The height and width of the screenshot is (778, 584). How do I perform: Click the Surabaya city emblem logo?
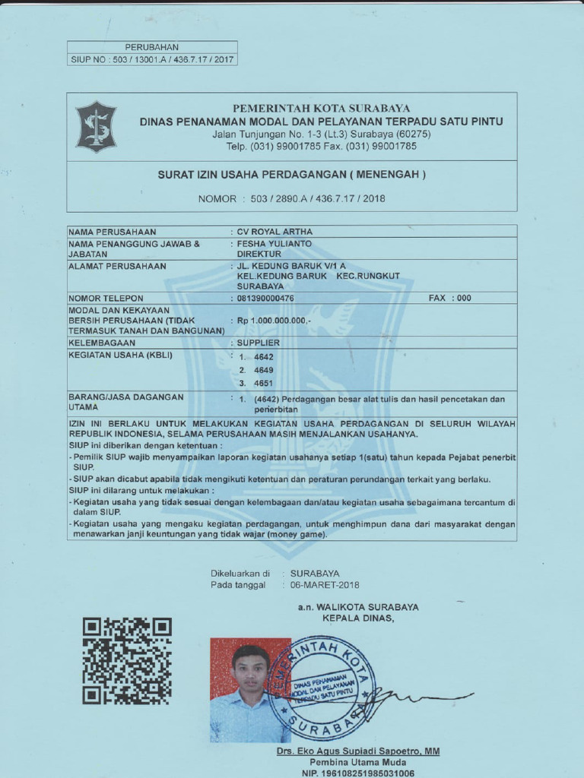pos(95,127)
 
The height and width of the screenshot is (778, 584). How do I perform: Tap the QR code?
pos(126,660)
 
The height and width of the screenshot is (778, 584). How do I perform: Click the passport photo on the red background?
pos(249,690)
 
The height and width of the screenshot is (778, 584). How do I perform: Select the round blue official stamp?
pos(321,688)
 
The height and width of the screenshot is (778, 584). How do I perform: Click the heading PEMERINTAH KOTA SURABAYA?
pos(321,109)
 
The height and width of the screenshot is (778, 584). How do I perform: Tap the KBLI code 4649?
pos(264,370)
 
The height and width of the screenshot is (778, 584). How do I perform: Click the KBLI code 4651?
pos(264,384)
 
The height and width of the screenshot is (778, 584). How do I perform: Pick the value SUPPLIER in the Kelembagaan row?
pos(259,343)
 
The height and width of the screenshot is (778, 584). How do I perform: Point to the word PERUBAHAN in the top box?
pos(152,47)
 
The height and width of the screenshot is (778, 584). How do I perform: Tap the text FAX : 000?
pos(449,299)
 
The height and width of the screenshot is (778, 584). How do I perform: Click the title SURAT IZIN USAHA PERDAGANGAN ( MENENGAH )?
pos(291,175)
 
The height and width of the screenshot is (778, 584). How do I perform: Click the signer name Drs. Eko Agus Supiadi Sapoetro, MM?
pos(358,751)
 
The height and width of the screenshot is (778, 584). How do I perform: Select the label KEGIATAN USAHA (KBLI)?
pos(121,355)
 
